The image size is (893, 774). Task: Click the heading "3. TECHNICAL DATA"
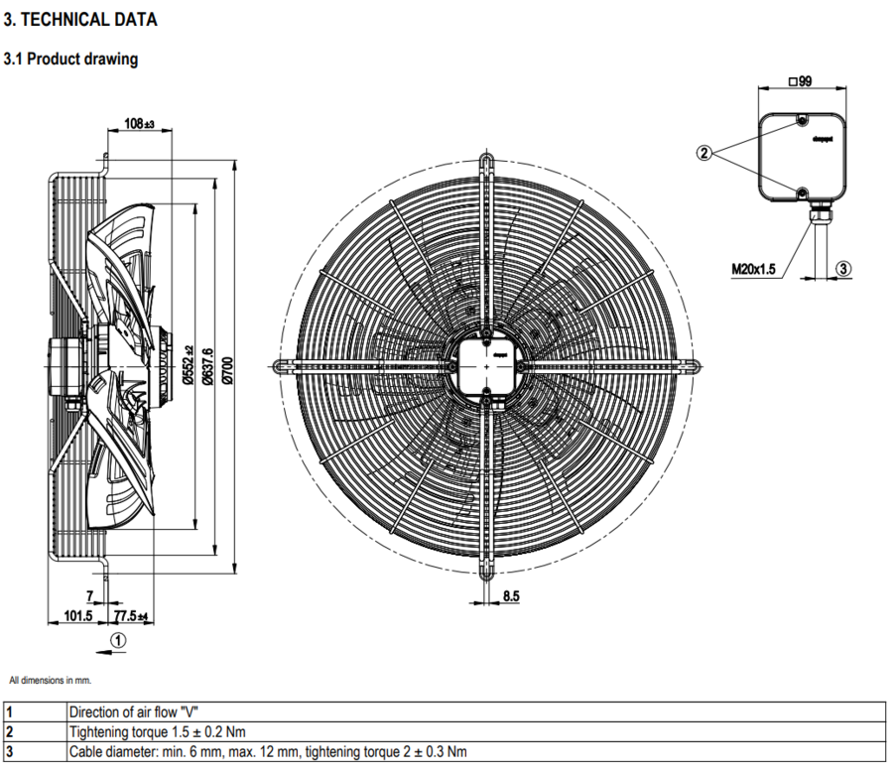[x=80, y=20]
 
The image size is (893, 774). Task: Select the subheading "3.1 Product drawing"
[x=70, y=60]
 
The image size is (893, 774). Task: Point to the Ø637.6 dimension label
[x=207, y=367]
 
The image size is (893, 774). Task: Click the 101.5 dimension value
[x=77, y=616]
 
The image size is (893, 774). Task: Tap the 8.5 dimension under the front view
[x=511, y=596]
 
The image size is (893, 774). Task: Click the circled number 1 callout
[x=118, y=640]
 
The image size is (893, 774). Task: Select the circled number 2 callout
[x=704, y=153]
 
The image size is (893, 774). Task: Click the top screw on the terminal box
[x=801, y=122]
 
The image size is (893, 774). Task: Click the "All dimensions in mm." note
[x=50, y=681]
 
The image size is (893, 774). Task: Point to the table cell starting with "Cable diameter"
[x=268, y=751]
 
